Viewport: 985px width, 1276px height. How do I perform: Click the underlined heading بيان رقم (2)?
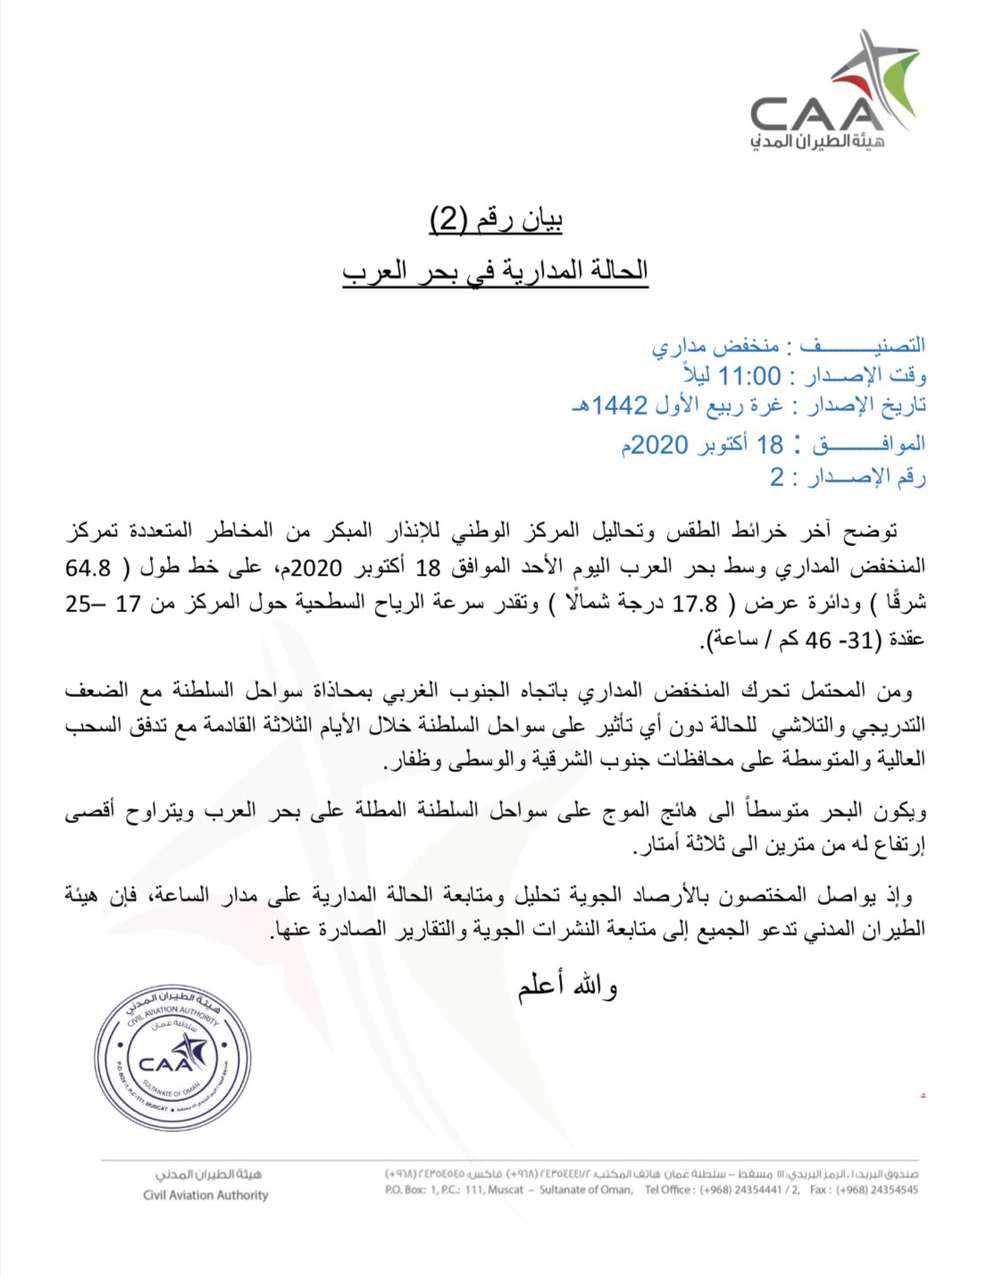pyautogui.click(x=497, y=218)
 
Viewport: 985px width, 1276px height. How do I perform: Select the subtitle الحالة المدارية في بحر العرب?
pyautogui.click(x=496, y=270)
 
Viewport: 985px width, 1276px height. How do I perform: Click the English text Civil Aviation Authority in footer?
pyautogui.click(x=205, y=1195)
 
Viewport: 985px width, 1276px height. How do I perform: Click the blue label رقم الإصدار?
pyautogui.click(x=867, y=478)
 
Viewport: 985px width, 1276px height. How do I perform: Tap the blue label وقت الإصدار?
pyautogui.click(x=866, y=376)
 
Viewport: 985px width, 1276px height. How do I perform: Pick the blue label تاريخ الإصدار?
pyautogui.click(x=866, y=407)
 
